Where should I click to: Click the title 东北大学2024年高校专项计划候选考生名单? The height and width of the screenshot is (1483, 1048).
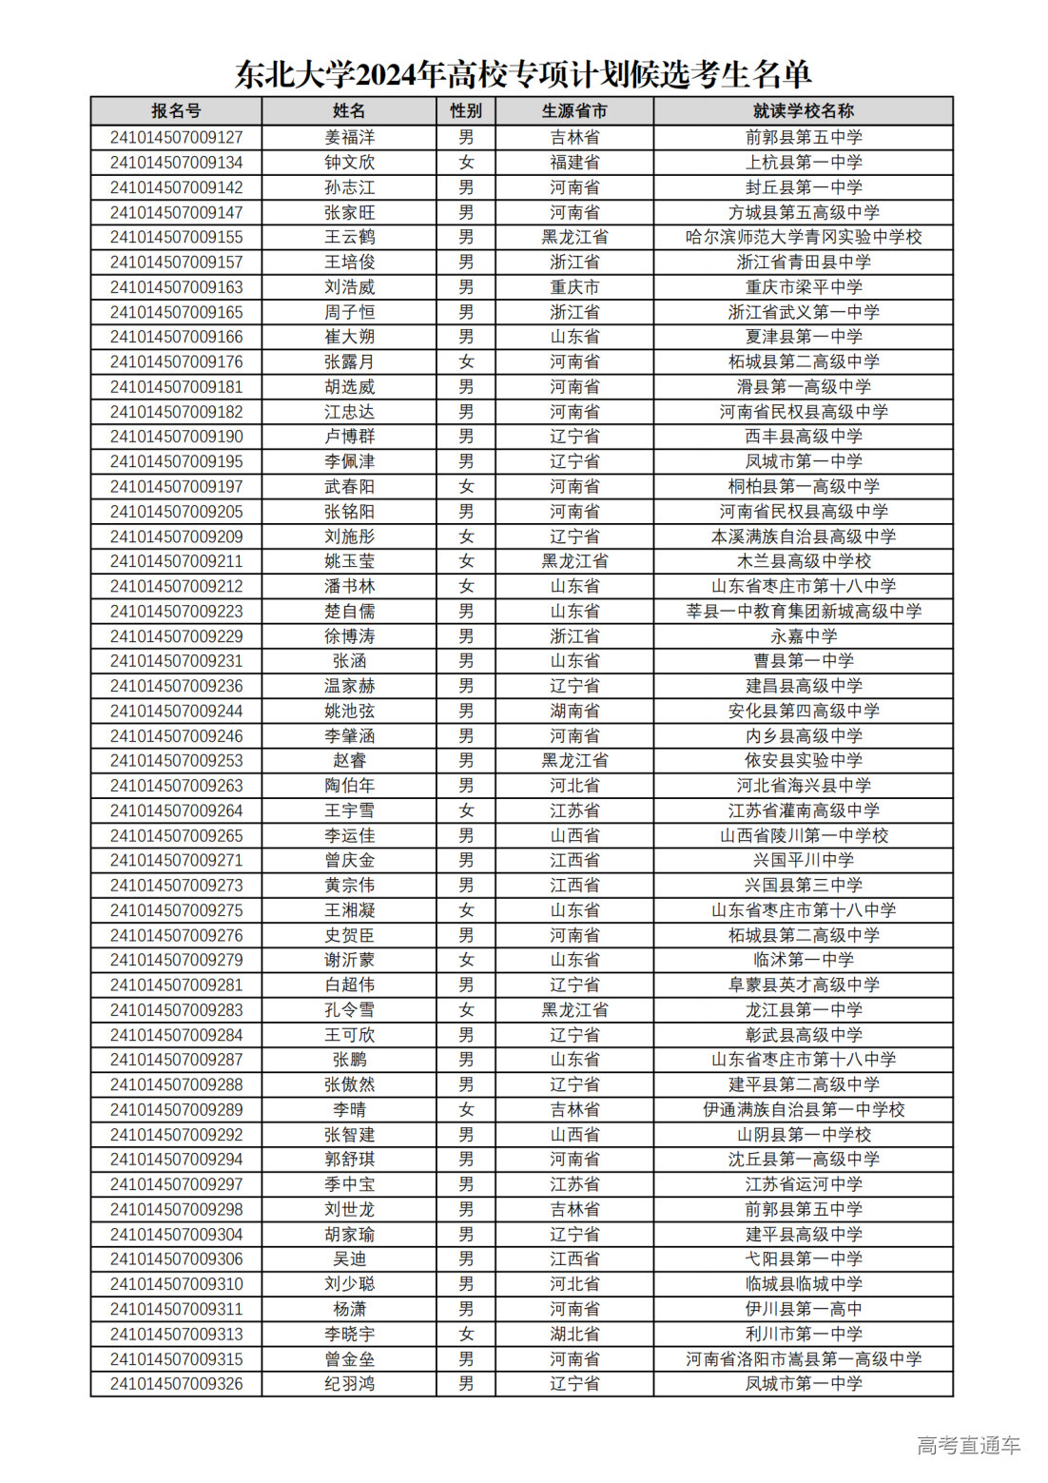(523, 74)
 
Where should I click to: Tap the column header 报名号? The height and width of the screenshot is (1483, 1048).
(176, 111)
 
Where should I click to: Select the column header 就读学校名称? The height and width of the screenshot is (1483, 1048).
(803, 111)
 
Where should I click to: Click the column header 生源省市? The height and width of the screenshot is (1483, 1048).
(574, 111)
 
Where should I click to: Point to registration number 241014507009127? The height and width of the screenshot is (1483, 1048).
(176, 137)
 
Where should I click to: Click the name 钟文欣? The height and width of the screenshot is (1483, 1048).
(349, 163)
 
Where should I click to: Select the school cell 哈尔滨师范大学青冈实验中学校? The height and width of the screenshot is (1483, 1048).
(803, 237)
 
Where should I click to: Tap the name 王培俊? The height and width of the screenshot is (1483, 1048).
(349, 262)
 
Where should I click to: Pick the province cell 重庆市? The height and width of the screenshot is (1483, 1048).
(574, 287)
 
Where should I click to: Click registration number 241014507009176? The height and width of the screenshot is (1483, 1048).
(176, 361)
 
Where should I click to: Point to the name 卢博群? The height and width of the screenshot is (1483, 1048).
(349, 437)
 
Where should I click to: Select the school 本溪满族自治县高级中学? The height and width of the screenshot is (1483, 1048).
(803, 537)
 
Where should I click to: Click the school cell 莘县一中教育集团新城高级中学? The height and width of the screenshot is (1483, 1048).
(803, 611)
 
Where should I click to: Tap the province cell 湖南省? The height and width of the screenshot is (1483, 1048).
(574, 711)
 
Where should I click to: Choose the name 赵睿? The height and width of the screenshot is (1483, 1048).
(349, 761)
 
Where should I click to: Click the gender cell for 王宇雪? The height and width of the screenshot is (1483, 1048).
(466, 810)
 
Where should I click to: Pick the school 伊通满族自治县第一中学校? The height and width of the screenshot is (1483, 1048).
(803, 1109)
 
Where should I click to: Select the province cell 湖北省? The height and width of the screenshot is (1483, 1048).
(574, 1334)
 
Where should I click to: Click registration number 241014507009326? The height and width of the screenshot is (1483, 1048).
(176, 1383)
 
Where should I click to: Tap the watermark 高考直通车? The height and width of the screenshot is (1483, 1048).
(967, 1445)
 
